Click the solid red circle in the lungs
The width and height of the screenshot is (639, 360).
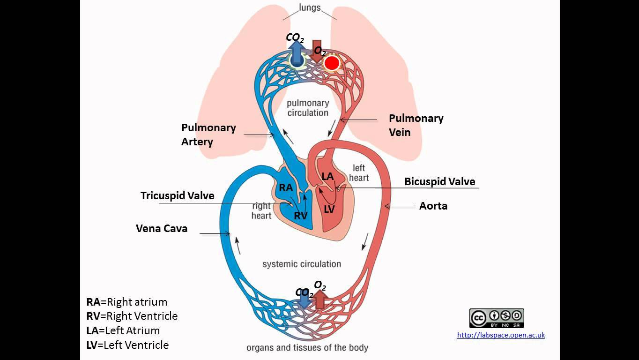(332, 63)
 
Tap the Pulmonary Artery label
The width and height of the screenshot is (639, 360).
(208, 135)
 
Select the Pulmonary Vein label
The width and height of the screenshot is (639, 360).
(416, 125)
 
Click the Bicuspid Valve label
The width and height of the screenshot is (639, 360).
(439, 181)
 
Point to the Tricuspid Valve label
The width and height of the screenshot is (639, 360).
(177, 195)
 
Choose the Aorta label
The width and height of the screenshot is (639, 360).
(433, 206)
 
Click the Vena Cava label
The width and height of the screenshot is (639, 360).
(162, 228)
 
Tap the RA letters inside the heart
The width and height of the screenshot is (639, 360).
(286, 188)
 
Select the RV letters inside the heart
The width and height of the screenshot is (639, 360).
(300, 216)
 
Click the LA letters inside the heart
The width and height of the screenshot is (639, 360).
(328, 177)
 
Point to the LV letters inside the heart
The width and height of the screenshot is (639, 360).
(329, 210)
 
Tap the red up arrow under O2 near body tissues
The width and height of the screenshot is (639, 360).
(320, 300)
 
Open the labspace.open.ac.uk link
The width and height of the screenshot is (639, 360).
(501, 335)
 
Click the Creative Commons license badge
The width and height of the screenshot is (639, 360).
(496, 318)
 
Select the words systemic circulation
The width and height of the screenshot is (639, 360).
(302, 264)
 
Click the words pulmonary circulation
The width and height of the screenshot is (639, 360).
(308, 108)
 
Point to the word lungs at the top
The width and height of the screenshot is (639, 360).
(310, 7)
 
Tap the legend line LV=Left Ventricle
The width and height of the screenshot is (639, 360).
(127, 345)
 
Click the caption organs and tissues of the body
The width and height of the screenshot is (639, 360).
(307, 348)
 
